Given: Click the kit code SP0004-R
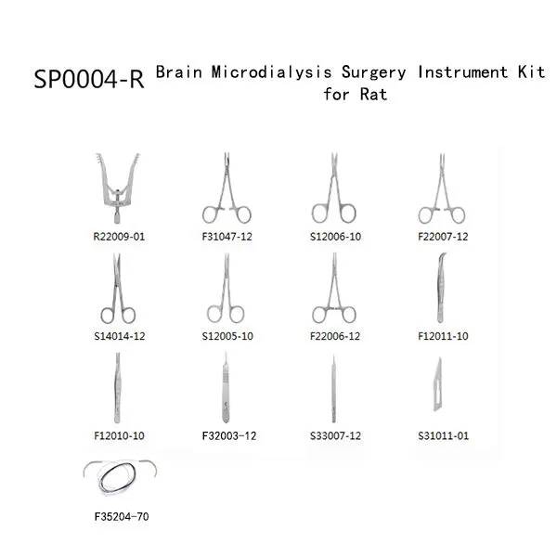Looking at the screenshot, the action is tap(89, 79).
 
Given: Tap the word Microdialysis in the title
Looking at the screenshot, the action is tap(272, 72).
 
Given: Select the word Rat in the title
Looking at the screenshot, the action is tap(373, 95).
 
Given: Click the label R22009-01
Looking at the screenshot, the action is tap(119, 237).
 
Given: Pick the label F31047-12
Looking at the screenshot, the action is tap(227, 237).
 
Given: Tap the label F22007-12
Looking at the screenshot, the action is tap(443, 237).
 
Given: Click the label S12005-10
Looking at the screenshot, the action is tap(227, 336).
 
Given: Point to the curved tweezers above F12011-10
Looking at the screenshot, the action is tap(440, 288).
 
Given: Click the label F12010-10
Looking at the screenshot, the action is tap(119, 436).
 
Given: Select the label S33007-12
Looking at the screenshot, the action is tap(335, 436).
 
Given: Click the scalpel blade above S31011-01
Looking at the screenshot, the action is tap(438, 384).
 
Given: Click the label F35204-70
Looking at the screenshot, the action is tap(122, 517).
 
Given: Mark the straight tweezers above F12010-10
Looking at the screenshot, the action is tap(118, 388).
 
